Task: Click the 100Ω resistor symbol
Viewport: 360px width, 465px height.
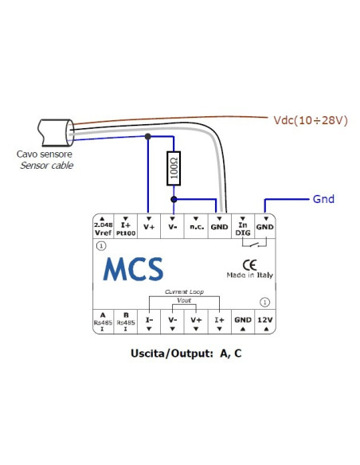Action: (x=173, y=169)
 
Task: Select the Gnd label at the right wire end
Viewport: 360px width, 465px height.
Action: (x=323, y=199)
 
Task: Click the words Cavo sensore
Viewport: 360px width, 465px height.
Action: (x=45, y=154)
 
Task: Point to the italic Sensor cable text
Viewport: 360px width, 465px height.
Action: (x=45, y=166)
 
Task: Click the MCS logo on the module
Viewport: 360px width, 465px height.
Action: (x=133, y=269)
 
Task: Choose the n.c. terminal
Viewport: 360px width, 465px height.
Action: (x=196, y=227)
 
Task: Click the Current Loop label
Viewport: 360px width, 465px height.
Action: (x=184, y=292)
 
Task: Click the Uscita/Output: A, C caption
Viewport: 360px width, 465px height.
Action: (x=179, y=351)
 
